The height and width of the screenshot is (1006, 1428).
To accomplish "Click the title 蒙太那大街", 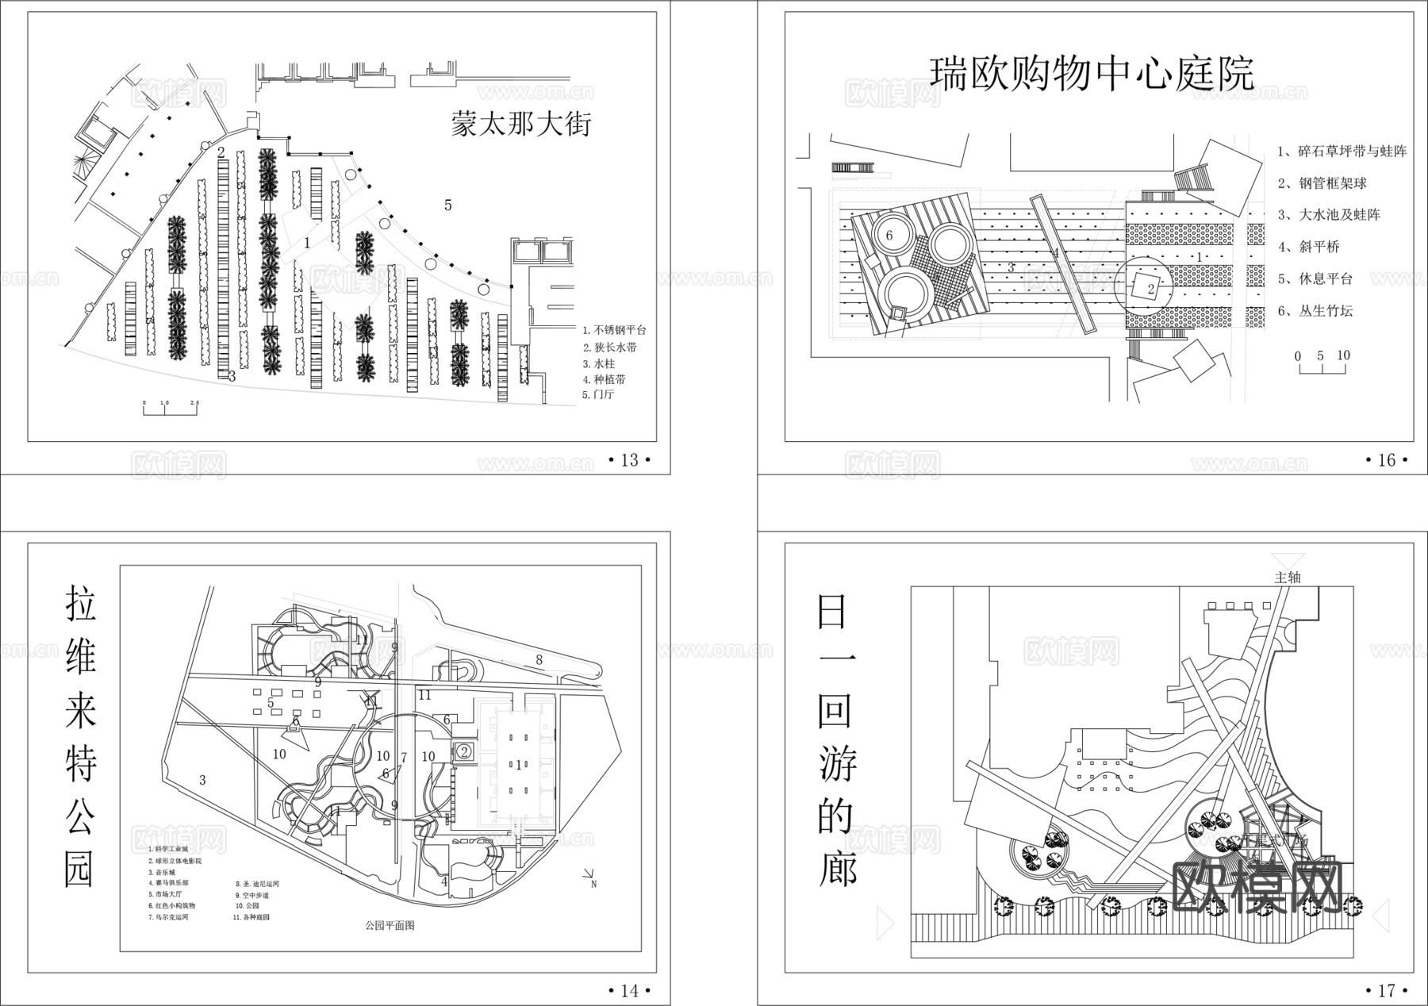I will tap(520, 125).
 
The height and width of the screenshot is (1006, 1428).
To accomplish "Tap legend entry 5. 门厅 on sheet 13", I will tap(598, 394).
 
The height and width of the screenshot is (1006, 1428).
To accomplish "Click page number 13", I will tap(628, 460).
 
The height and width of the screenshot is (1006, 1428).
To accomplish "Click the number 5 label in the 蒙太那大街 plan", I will tap(447, 205).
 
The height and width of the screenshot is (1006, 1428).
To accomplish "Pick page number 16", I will tap(1386, 460).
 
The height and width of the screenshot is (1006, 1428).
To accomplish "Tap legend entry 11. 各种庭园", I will tap(251, 917).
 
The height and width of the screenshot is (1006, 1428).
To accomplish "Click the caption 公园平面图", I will tap(390, 925).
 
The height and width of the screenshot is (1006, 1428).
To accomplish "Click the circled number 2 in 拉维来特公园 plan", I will tap(465, 751).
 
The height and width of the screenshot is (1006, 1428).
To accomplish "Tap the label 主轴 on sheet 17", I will tap(1287, 578).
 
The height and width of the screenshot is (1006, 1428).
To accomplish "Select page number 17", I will tap(1386, 990).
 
